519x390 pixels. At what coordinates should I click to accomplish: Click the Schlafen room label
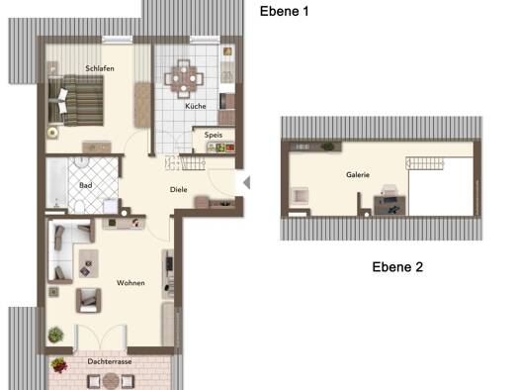[x=100, y=68]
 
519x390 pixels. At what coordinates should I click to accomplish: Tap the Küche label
[x=196, y=106]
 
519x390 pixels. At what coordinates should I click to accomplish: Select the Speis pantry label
[x=214, y=136]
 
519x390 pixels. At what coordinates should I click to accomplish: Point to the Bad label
[x=85, y=185]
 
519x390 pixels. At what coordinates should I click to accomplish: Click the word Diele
[x=178, y=189]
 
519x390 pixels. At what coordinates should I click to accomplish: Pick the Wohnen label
[x=130, y=283]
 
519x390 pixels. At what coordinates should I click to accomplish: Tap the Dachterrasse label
[x=110, y=361]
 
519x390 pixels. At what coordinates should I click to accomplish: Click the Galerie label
[x=358, y=174]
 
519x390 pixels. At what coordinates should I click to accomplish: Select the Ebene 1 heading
[x=285, y=11]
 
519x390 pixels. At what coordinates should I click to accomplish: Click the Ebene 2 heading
[x=397, y=267]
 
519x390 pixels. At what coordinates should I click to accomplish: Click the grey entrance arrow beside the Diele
[x=247, y=182]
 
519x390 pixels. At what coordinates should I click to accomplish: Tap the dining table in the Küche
[x=184, y=79]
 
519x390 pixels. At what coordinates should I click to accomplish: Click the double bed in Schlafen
[x=76, y=101]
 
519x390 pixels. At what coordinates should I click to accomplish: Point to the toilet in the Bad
[x=79, y=206]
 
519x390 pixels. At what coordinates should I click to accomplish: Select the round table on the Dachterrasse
[x=111, y=381]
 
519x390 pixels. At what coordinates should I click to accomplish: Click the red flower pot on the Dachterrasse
[x=59, y=365]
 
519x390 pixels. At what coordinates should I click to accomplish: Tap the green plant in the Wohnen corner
[x=55, y=335]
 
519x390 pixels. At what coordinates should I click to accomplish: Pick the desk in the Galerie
[x=389, y=206]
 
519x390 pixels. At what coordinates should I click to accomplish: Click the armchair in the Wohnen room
[x=88, y=301]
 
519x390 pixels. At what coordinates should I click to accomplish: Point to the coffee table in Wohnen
[x=88, y=263]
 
